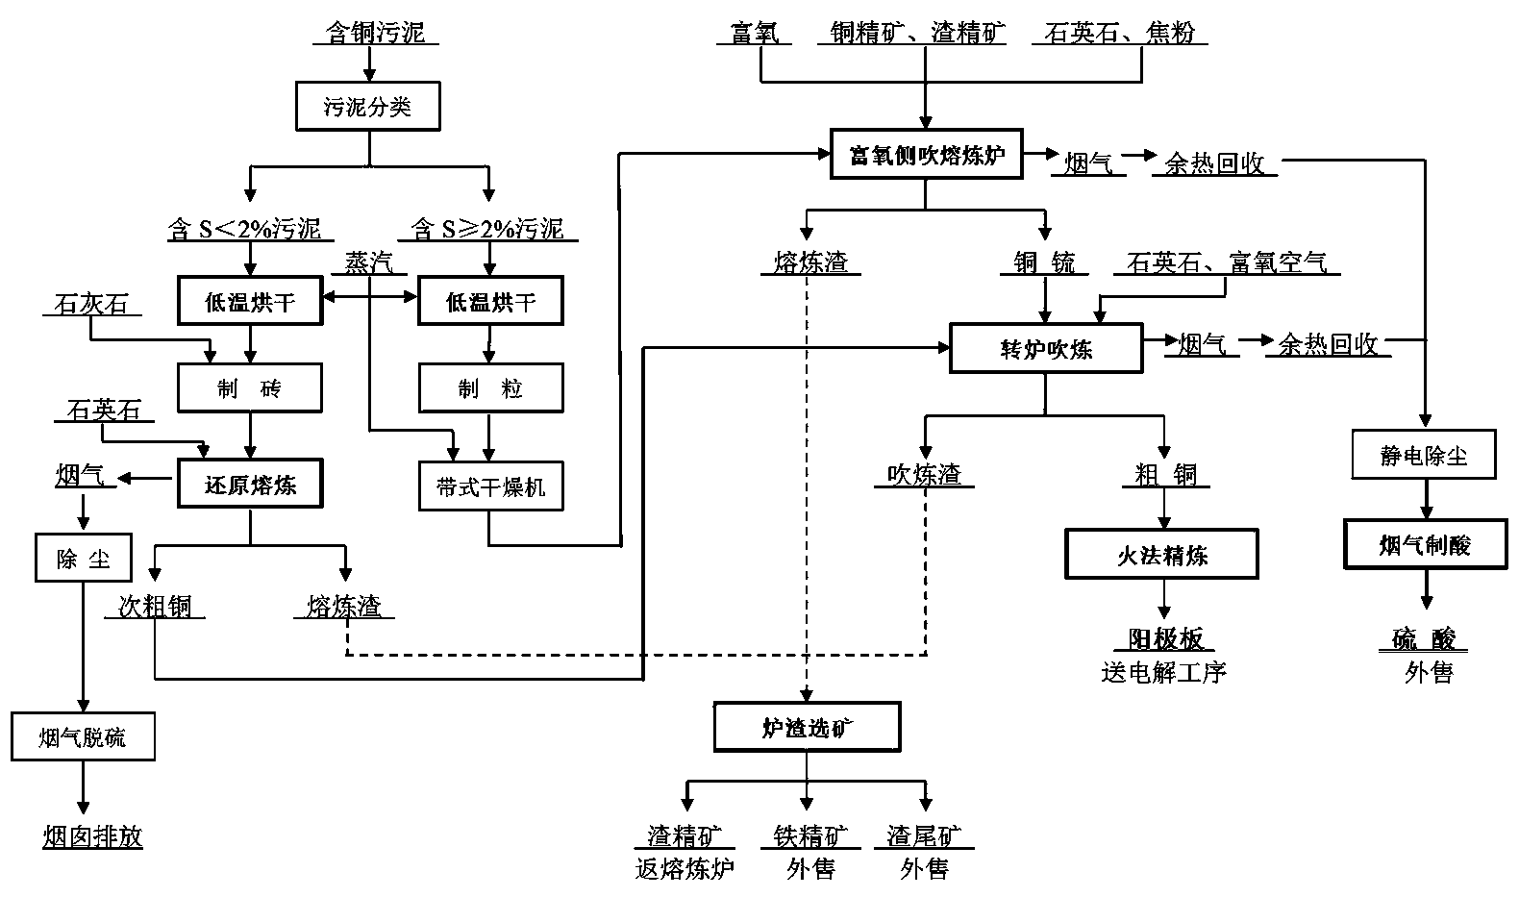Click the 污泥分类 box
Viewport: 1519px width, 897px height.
coord(367,106)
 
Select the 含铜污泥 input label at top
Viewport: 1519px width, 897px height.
coord(375,34)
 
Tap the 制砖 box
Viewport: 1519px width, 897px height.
coord(250,388)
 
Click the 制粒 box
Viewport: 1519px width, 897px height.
coord(490,388)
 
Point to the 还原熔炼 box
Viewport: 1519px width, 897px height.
coord(250,485)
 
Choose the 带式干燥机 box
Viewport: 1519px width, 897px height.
coord(490,486)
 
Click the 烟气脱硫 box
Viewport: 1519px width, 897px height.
coord(83,737)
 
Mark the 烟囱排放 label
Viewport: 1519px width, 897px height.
coord(92,836)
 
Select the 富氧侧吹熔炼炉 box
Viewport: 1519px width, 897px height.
coord(926,155)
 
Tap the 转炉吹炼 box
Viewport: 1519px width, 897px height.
coord(1046,349)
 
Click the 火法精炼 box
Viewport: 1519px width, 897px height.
coord(1161,555)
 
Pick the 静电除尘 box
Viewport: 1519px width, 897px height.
coord(1424,455)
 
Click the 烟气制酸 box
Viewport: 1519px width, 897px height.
coord(1424,545)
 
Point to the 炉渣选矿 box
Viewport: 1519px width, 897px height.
coord(807,728)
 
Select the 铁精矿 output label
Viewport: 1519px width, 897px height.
coord(810,835)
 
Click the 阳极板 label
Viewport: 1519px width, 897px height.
coord(1164,639)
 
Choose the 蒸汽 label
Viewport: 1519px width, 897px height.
coord(369,262)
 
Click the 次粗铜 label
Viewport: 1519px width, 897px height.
coord(155,606)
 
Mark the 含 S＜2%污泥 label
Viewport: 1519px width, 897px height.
coord(244,229)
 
